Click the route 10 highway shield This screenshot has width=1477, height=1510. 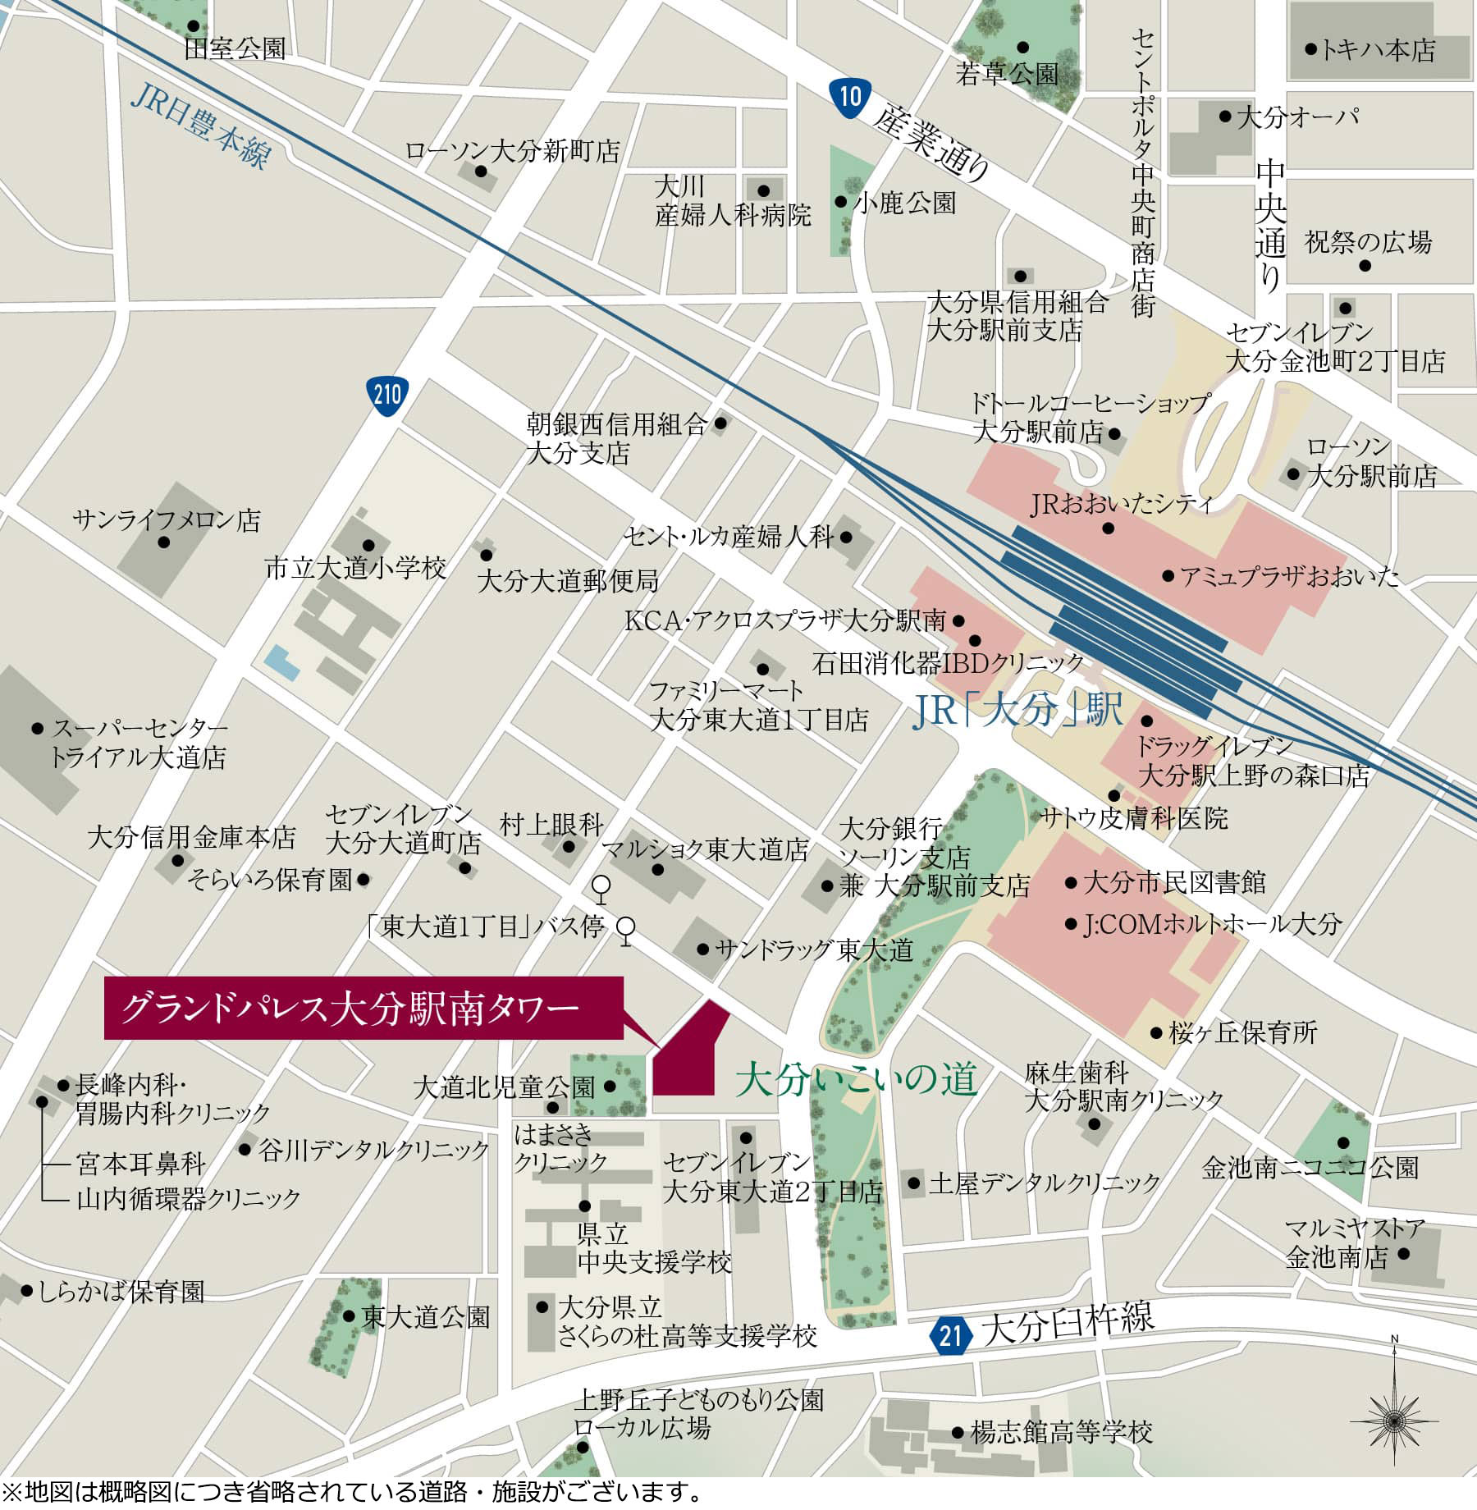coord(849,97)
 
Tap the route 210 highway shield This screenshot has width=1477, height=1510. coord(386,396)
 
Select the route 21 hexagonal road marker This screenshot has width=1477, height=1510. coord(950,1335)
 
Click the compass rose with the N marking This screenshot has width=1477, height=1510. coord(1393,1419)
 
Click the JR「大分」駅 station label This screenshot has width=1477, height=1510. coord(1017,710)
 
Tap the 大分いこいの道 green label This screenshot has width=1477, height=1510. coord(856,1079)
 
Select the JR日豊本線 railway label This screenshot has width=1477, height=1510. coord(201,127)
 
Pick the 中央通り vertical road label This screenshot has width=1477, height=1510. coord(1270,226)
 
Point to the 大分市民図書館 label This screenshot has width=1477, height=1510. coord(1174,883)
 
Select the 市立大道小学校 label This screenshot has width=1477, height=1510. coord(355,568)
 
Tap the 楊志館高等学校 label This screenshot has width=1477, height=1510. coord(1062,1433)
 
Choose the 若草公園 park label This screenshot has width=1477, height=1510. coord(1007,75)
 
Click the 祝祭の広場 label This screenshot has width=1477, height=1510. coord(1368,242)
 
